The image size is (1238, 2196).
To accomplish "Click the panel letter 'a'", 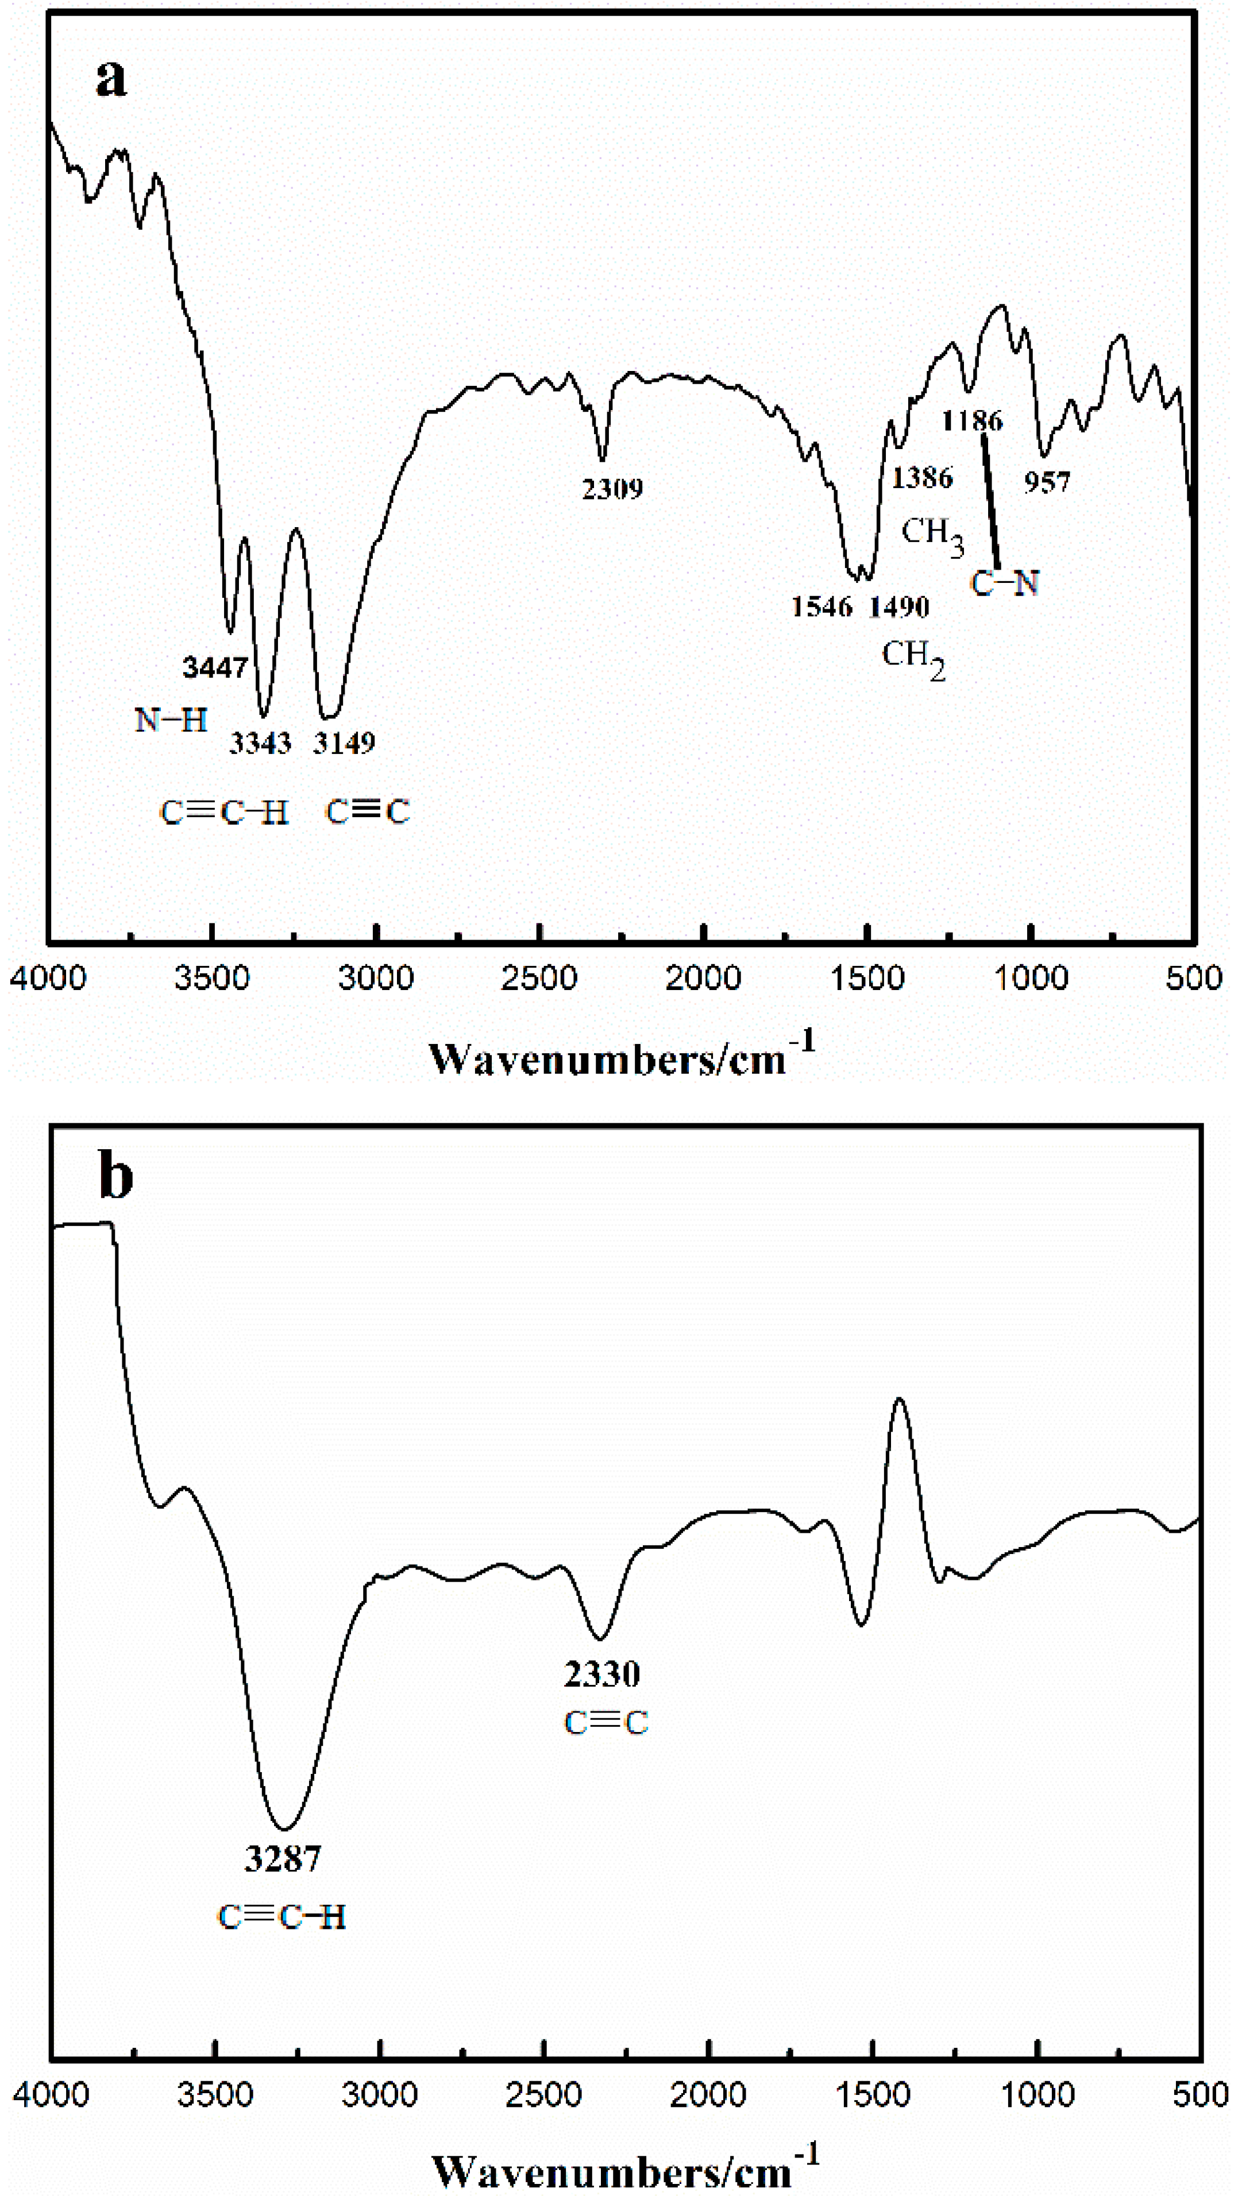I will tap(111, 79).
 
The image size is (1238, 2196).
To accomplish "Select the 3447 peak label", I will tap(215, 667).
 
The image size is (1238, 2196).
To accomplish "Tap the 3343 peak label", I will tap(260, 743).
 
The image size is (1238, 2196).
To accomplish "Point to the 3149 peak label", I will tap(344, 743).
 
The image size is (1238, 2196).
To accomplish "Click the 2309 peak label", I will tap(612, 489).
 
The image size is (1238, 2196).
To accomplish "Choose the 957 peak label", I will tap(1047, 482).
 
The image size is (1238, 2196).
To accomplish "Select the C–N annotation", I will tap(1005, 584).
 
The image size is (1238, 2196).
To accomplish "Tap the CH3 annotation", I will tap(932, 535).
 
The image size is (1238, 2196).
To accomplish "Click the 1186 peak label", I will tap(972, 420).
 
